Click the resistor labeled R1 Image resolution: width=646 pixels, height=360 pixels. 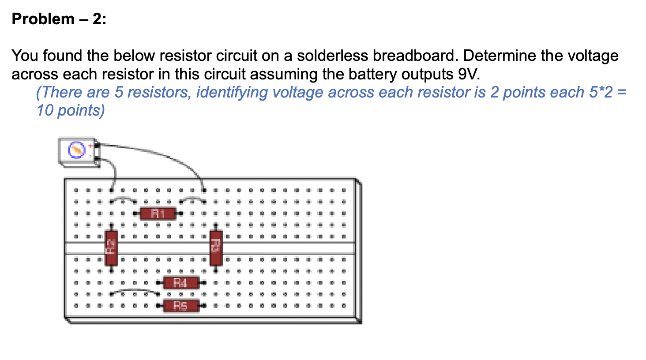point(158,214)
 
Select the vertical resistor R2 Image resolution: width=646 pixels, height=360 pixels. point(111,247)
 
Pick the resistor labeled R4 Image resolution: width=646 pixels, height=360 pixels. point(180,282)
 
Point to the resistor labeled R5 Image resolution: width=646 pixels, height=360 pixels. point(180,305)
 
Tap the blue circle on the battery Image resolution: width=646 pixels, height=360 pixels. point(76,150)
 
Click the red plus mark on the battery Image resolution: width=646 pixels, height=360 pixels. point(90,145)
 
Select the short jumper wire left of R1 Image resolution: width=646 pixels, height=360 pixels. point(123,199)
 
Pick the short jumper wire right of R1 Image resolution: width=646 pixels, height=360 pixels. point(192,199)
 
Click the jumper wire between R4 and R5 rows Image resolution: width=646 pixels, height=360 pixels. point(135,291)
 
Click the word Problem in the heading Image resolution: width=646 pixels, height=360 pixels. point(43,19)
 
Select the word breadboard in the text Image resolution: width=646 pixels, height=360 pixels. point(412,56)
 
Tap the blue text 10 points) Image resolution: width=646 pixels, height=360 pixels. point(71,110)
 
